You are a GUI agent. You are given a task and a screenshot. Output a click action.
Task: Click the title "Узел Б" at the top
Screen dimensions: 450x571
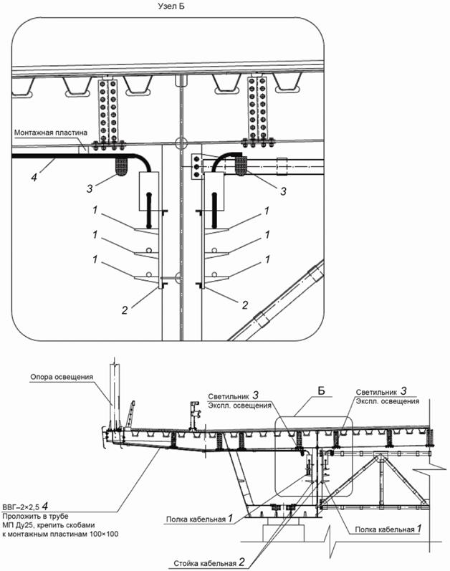[171, 6]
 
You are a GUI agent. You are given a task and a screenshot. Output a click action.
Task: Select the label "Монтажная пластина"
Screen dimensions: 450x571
[51, 133]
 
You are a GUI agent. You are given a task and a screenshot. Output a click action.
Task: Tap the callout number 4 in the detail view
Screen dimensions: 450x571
[34, 178]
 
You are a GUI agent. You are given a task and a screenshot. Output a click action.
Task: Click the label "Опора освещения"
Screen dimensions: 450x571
[62, 377]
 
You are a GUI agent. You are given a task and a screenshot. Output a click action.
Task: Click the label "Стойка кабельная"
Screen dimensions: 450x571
[205, 563]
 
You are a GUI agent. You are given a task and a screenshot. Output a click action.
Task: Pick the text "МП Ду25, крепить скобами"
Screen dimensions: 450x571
[49, 525]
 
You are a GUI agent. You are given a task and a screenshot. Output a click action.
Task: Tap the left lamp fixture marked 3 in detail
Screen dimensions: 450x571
[122, 166]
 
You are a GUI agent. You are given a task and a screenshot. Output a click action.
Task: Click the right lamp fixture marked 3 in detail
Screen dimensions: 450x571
[241, 165]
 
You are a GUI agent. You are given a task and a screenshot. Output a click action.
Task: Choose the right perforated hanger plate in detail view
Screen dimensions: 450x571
[257, 108]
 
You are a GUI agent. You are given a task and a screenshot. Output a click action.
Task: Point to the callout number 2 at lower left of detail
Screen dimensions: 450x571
[125, 310]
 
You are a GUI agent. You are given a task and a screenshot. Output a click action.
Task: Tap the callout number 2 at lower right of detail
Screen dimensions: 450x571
[245, 304]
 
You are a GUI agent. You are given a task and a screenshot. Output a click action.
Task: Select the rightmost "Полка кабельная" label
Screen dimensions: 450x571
[385, 529]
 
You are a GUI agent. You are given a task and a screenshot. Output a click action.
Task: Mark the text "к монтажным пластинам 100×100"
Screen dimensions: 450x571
[60, 534]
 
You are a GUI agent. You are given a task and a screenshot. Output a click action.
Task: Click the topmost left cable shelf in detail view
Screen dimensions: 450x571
[146, 229]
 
